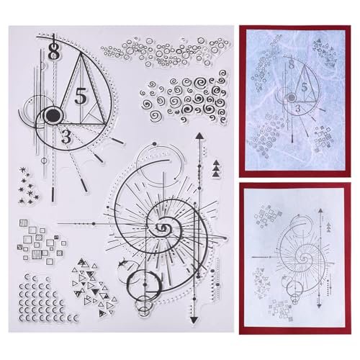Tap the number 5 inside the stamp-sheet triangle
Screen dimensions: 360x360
[x=81, y=94]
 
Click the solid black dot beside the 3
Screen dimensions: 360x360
[x=51, y=114]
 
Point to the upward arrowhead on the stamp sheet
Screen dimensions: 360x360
[x=197, y=135]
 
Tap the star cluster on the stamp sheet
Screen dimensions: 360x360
[x=28, y=183]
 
